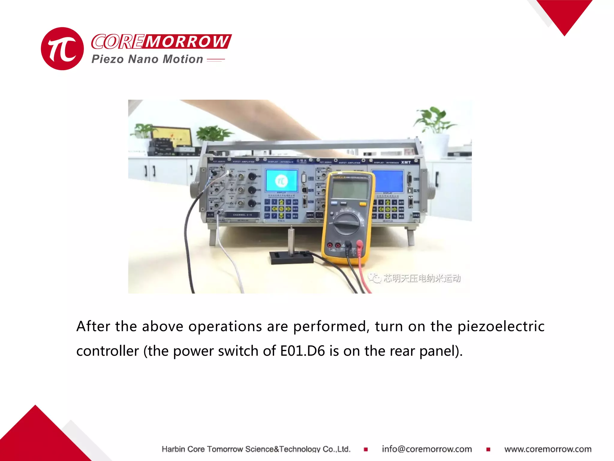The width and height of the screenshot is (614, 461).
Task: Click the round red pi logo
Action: coord(62,49)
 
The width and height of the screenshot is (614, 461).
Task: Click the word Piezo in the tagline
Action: coord(107,59)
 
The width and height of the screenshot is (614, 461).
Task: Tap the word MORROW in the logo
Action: coord(187,41)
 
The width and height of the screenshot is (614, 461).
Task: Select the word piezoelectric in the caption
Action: coord(501,326)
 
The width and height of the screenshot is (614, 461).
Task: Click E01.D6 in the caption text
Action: coord(303,351)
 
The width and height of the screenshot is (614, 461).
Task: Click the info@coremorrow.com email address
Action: coord(427,449)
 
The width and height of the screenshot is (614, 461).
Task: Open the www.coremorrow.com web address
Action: coord(548,449)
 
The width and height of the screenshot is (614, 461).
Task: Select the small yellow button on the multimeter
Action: coord(363,204)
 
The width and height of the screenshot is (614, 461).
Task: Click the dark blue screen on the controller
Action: coord(388,181)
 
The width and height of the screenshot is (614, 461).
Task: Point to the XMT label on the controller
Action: coord(406,162)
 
